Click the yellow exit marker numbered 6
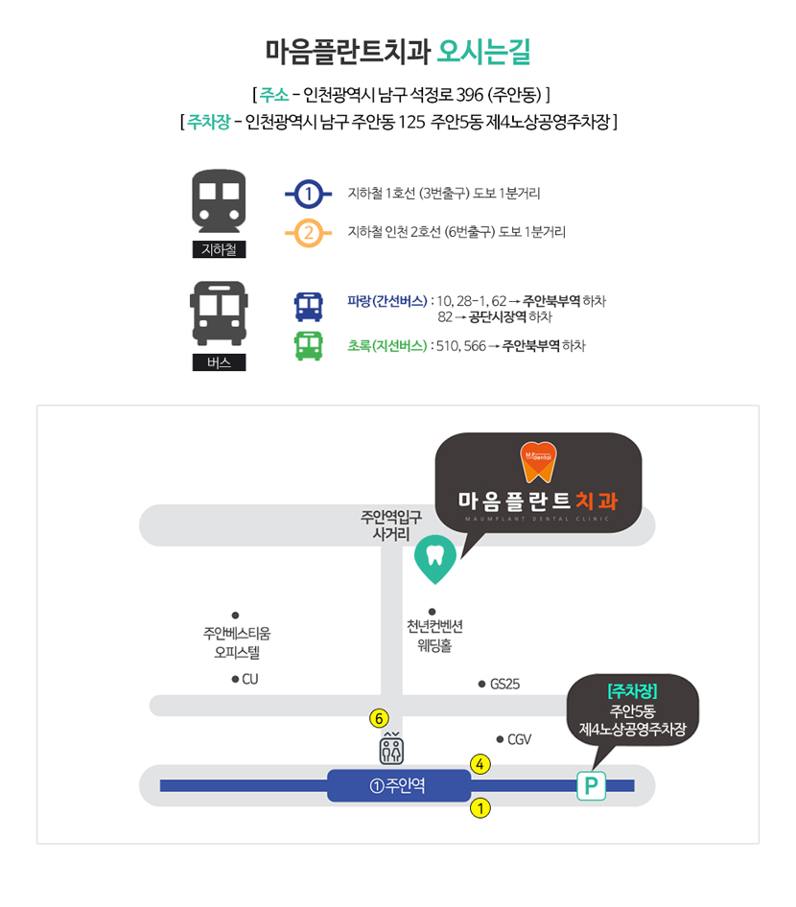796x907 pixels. click(x=380, y=717)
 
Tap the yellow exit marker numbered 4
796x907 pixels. click(x=480, y=764)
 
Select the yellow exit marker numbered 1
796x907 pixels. click(x=480, y=808)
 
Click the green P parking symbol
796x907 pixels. click(x=591, y=786)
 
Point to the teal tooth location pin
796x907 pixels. click(x=434, y=559)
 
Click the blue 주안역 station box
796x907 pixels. click(x=399, y=786)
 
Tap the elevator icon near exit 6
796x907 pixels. click(x=391, y=749)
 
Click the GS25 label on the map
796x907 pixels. click(x=503, y=684)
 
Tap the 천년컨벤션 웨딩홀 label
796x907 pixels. click(x=434, y=635)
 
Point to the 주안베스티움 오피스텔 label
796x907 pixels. click(x=237, y=642)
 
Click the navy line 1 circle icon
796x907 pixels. click(x=308, y=194)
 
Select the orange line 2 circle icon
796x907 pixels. click(x=308, y=232)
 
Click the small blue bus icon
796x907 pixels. click(x=308, y=307)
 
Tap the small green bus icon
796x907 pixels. click(x=308, y=345)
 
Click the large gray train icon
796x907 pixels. click(x=219, y=200)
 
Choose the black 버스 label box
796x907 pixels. click(x=219, y=362)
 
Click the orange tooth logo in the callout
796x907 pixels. click(x=538, y=461)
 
